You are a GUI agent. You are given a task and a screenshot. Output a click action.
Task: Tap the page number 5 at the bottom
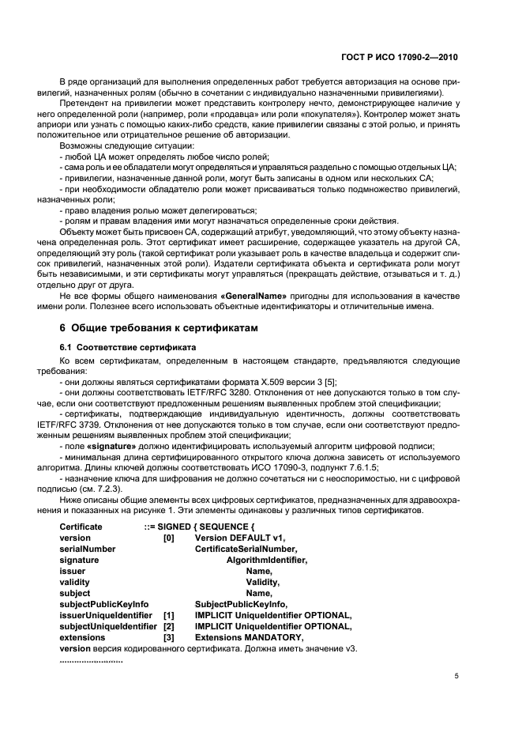(457, 676)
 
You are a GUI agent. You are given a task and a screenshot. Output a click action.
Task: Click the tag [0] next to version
(168, 538)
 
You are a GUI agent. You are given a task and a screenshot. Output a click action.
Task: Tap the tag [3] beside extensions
(168, 637)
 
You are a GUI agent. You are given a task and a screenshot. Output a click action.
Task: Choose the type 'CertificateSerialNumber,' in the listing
(246, 549)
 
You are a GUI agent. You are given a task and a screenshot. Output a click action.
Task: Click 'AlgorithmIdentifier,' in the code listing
(266, 560)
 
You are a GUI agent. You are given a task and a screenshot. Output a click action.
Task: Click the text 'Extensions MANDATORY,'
(248, 637)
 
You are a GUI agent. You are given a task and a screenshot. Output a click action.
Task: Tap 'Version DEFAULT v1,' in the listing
(239, 538)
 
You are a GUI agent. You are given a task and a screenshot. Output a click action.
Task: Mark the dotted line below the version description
(92, 659)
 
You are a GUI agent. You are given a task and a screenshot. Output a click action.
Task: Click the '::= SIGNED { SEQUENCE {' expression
(200, 527)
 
